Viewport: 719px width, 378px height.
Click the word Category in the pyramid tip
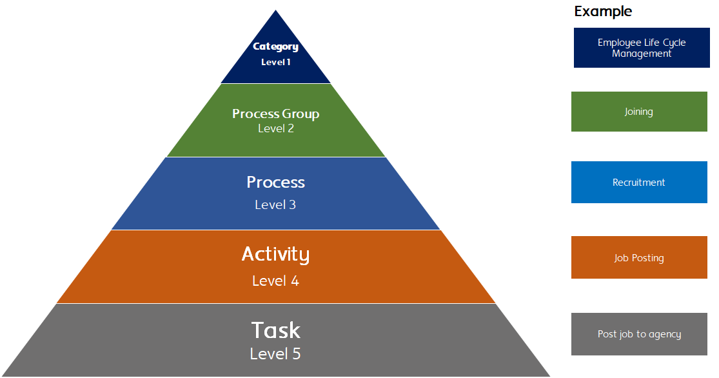[275, 46]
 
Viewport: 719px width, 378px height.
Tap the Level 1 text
[275, 63]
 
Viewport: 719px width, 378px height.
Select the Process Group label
[275, 114]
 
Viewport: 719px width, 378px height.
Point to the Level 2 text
[275, 128]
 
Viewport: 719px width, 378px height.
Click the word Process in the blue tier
[275, 183]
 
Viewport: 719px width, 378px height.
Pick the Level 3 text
[275, 205]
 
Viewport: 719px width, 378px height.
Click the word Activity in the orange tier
[275, 255]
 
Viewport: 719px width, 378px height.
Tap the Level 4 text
[275, 281]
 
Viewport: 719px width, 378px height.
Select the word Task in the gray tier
[275, 331]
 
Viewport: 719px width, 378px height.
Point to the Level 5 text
[275, 354]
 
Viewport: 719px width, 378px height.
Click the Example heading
[603, 12]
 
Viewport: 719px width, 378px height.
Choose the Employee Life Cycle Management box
[642, 48]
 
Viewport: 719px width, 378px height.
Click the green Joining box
[639, 112]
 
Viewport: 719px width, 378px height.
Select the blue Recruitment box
[639, 183]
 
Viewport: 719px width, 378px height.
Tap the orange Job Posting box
[639, 258]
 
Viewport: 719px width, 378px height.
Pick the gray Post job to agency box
[639, 334]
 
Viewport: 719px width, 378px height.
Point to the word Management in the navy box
[642, 54]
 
